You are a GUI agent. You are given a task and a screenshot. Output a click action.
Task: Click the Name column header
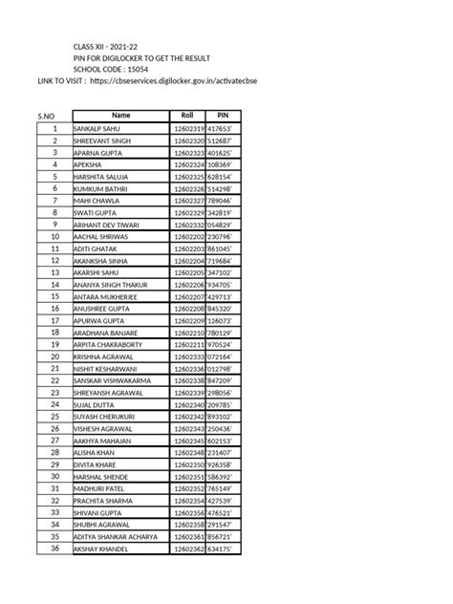click(121, 116)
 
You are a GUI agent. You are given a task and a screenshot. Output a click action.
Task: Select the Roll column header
click(188, 116)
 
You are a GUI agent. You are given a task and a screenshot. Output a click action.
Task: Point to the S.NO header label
click(46, 118)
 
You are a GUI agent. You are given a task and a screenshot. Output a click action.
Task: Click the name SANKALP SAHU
click(98, 128)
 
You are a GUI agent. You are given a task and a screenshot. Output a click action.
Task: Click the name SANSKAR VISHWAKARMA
click(113, 380)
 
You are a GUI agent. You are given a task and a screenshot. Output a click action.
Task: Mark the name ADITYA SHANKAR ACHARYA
click(115, 536)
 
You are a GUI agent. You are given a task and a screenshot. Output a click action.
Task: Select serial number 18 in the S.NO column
click(54, 332)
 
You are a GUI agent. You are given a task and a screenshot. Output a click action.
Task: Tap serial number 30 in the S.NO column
click(54, 476)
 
